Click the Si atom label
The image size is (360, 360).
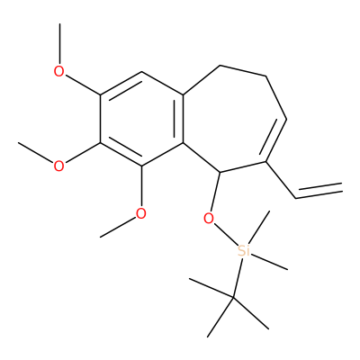tap(243, 251)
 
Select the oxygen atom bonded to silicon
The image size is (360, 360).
tap(209, 219)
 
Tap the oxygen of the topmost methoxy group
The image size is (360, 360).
tap(59, 71)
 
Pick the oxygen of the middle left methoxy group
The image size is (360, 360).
tap(59, 166)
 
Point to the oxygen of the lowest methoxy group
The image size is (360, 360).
tap(141, 213)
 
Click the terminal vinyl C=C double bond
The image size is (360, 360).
tap(319, 191)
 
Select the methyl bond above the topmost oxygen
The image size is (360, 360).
tap(59, 43)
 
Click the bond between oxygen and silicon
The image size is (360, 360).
tap(226, 235)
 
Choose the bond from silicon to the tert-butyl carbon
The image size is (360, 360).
tap(238, 277)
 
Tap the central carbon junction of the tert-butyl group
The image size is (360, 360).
tap(233, 298)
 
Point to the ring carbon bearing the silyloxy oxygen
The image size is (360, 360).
tap(220, 172)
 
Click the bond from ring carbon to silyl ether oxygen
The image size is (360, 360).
tap(216, 192)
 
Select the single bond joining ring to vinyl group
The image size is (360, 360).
tap(281, 180)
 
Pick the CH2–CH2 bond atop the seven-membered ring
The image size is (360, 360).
tap(243, 71)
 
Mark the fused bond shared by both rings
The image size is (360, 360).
tap(183, 119)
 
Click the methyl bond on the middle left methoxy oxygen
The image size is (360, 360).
tap(36, 153)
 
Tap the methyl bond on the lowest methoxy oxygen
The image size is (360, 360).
tap(118, 227)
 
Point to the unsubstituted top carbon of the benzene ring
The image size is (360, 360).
tap(141, 72)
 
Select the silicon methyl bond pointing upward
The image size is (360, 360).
tap(260, 227)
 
